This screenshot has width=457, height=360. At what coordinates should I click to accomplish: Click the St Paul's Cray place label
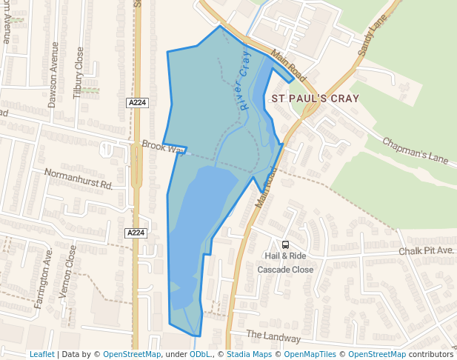tap(315, 98)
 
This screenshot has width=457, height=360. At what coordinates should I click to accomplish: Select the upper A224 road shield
tap(136, 103)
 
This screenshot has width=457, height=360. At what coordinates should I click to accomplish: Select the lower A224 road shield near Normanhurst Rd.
tap(136, 233)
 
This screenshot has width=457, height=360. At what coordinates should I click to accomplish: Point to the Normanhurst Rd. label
tap(78, 179)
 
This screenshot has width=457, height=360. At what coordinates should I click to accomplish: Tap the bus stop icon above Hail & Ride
tap(285, 244)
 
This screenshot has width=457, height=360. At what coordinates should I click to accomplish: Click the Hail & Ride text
tap(285, 256)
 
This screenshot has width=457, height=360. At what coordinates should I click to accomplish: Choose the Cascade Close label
tap(285, 270)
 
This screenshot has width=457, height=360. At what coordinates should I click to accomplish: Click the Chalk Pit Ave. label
tap(426, 252)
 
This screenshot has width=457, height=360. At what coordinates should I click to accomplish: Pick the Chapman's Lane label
tap(416, 150)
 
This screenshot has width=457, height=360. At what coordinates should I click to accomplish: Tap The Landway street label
tap(273, 337)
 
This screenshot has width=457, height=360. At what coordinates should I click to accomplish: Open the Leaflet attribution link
tap(41, 355)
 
